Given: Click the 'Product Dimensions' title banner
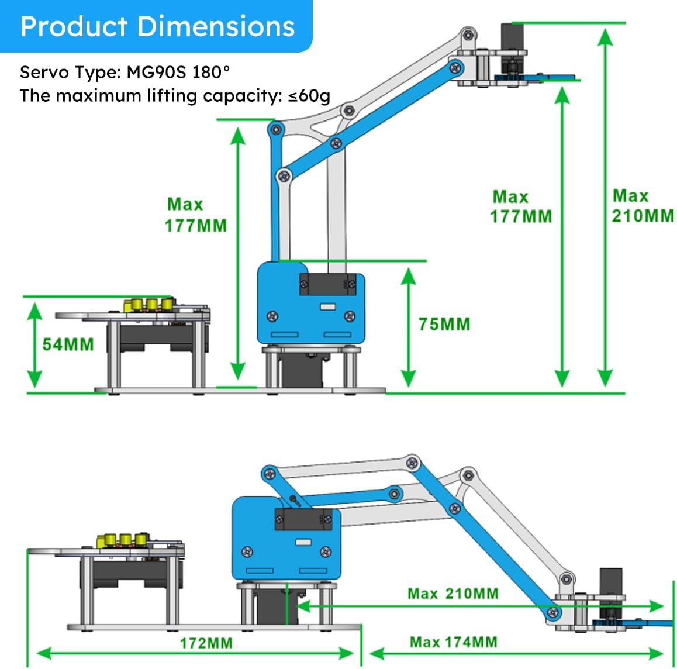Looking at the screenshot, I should click(x=157, y=26).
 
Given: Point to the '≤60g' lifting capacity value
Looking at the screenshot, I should click(x=309, y=96).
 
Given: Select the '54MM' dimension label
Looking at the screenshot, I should click(x=68, y=344).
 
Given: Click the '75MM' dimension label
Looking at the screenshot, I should click(x=444, y=324).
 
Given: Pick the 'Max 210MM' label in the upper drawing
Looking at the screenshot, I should click(x=643, y=206).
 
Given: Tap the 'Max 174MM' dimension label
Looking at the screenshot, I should click(x=454, y=642).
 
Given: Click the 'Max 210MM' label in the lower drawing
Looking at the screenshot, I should click(x=453, y=594).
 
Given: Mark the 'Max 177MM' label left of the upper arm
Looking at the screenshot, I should click(x=195, y=215).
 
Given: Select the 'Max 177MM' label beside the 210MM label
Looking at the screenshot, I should click(x=520, y=206).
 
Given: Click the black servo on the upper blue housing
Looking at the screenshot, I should click(x=327, y=285).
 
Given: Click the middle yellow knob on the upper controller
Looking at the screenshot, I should click(x=151, y=305).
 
